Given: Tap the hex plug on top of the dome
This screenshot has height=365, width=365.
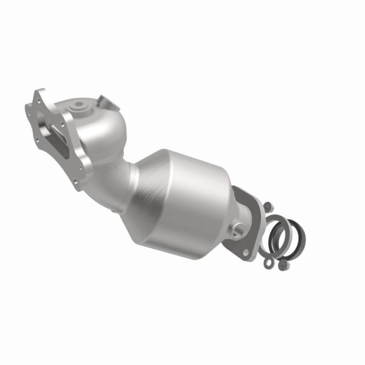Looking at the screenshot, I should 77,108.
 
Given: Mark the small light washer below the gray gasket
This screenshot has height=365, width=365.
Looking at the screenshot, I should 267,263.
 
